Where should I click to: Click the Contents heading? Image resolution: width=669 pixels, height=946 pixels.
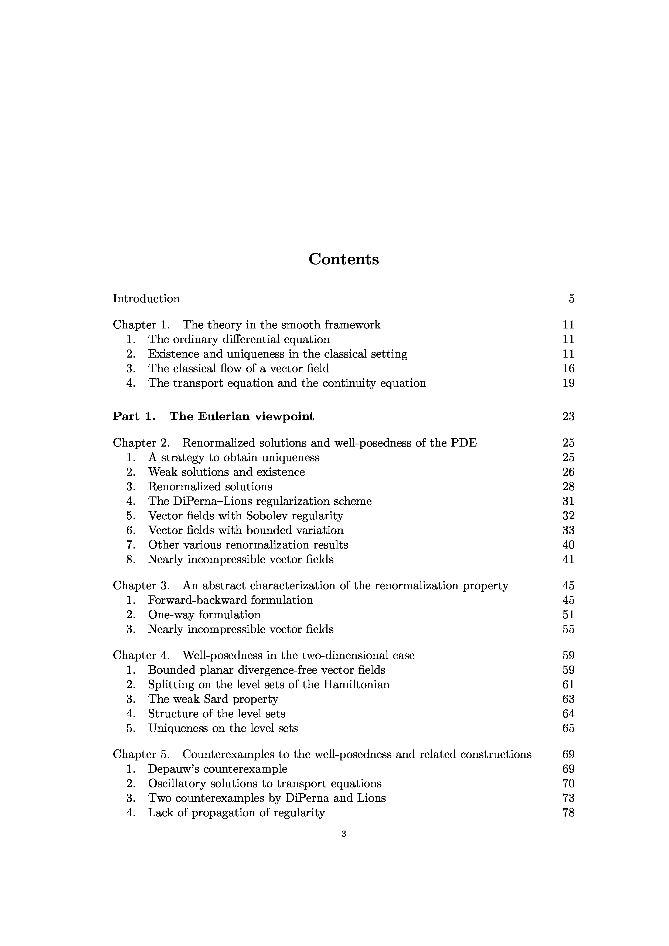[x=343, y=259]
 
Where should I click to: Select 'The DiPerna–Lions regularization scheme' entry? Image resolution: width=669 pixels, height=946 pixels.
[x=260, y=501]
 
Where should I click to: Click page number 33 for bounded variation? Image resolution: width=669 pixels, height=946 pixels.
[x=568, y=530]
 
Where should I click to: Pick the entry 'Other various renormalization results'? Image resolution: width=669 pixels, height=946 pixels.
[x=248, y=545]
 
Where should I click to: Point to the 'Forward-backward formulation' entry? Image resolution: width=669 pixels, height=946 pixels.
[x=230, y=600]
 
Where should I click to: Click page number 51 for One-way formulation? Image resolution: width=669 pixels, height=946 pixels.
[x=568, y=615]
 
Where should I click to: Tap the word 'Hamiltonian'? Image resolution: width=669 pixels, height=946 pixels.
[x=356, y=684]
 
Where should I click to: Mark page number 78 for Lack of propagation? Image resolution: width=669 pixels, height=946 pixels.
[x=568, y=813]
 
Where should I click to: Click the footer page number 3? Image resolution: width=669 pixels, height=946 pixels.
[x=344, y=834]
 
